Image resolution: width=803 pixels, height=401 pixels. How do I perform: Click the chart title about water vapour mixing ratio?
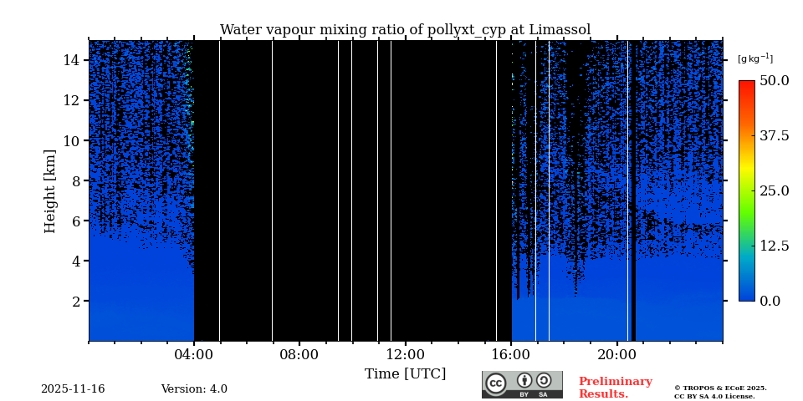(405, 30)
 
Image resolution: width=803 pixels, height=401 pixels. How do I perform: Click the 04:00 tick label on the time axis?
(194, 354)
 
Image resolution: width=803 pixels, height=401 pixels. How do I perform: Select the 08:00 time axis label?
(299, 354)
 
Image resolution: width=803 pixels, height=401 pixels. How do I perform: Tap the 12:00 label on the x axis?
(406, 354)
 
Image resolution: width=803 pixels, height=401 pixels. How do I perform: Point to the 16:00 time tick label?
(511, 354)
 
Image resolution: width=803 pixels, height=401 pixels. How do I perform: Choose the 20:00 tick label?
(617, 354)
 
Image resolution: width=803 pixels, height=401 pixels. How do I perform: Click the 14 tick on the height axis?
(70, 60)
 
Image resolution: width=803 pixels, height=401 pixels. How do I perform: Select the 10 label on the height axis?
(70, 140)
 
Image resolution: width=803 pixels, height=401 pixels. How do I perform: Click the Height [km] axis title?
(50, 190)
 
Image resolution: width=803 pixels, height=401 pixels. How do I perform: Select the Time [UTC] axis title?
(405, 373)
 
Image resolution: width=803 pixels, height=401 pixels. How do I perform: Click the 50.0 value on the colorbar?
(774, 80)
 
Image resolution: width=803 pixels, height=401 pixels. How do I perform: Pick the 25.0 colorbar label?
(774, 190)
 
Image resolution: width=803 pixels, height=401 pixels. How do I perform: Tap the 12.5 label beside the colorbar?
(774, 246)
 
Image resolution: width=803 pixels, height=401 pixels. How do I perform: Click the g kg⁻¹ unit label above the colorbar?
(754, 58)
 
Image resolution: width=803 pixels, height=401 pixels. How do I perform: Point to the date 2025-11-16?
(73, 389)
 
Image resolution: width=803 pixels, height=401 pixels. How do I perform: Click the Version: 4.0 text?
(194, 389)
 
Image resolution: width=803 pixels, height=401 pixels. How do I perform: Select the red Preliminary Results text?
(615, 388)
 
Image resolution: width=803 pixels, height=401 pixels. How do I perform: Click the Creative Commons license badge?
(522, 384)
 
